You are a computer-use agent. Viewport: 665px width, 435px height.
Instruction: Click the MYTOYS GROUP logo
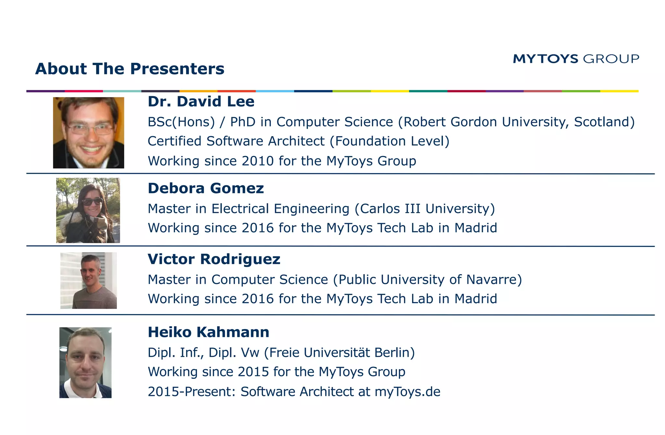click(576, 59)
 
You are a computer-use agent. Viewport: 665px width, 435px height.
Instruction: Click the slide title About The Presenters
click(130, 69)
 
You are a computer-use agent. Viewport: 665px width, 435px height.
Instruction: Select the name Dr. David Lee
click(201, 101)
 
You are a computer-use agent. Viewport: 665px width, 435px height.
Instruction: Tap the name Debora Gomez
click(206, 188)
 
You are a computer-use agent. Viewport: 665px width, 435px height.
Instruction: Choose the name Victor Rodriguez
click(214, 259)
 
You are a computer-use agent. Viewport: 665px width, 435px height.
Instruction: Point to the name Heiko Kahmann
click(208, 332)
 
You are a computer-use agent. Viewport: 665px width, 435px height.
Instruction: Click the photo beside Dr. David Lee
click(89, 133)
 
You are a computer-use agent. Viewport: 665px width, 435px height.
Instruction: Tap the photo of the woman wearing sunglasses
click(88, 210)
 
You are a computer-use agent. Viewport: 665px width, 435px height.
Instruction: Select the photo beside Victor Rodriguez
click(89, 280)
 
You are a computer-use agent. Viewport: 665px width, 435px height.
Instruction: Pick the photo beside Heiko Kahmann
click(85, 363)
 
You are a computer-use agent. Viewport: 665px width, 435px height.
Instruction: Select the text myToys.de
click(408, 392)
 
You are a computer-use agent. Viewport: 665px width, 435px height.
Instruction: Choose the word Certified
click(175, 141)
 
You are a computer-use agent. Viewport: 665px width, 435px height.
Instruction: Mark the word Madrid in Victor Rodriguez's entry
click(476, 299)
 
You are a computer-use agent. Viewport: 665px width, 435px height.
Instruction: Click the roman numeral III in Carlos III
click(412, 209)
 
